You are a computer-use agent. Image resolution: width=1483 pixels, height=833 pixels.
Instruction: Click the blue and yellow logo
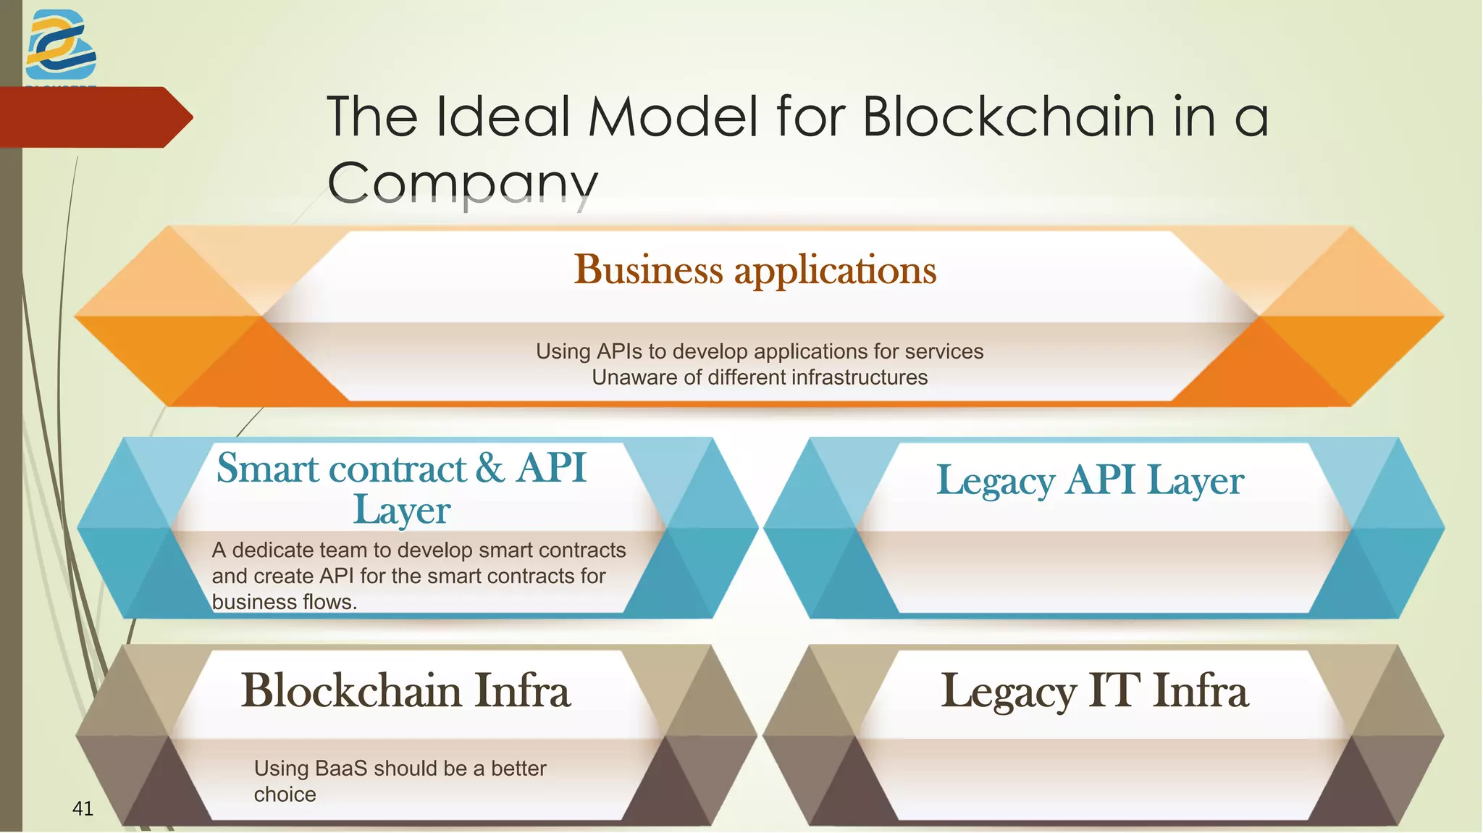coord(61,45)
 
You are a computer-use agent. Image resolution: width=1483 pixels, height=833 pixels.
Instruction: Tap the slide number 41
coord(83,808)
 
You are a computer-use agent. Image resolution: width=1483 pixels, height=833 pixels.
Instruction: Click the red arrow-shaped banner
coord(94,117)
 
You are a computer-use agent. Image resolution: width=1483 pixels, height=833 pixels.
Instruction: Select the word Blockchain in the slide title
coord(1009,117)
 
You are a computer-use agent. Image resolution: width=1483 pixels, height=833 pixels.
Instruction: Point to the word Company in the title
coord(463,183)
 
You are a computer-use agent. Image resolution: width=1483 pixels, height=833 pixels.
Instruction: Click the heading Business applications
coord(755,269)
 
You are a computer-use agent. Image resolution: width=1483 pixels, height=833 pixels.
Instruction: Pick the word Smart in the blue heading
coord(269,468)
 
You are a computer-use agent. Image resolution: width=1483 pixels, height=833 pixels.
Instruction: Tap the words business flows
coord(284,602)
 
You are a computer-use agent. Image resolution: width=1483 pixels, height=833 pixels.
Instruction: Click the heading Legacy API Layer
coord(1090,480)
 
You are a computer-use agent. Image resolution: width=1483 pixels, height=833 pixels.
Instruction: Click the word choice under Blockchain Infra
coord(285,795)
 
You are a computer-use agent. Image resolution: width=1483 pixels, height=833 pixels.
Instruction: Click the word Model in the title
coord(673,117)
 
